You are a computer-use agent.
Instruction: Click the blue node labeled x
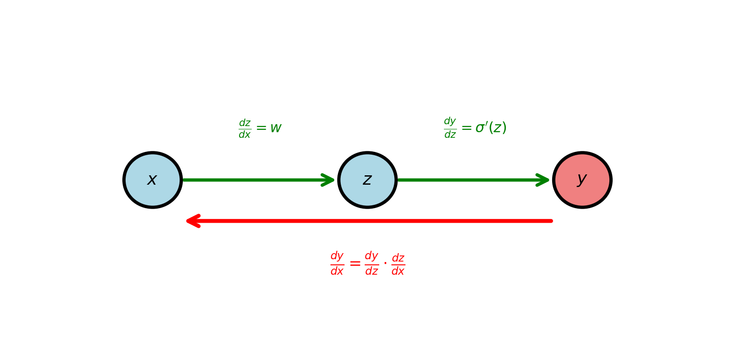pos(152,180)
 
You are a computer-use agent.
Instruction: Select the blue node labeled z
pos(367,180)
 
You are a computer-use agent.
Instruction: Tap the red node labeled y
pos(582,180)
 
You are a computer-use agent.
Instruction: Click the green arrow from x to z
pos(253,180)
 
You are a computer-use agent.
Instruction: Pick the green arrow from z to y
pos(469,180)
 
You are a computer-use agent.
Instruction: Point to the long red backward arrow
pos(370,221)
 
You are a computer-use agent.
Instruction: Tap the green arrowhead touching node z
pos(328,180)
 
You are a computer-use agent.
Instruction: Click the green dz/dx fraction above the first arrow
pos(245,129)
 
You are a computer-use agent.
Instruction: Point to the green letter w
pos(276,128)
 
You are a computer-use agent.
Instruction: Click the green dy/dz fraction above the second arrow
pos(450,128)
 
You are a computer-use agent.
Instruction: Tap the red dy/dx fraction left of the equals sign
pos(337,263)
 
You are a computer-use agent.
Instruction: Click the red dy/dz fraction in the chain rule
pos(371,263)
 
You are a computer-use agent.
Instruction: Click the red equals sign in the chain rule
pos(355,264)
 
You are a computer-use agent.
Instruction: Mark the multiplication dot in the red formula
pos(385,263)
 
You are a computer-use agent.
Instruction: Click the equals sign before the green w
pos(261,128)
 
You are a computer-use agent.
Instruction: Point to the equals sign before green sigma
pos(466,128)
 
